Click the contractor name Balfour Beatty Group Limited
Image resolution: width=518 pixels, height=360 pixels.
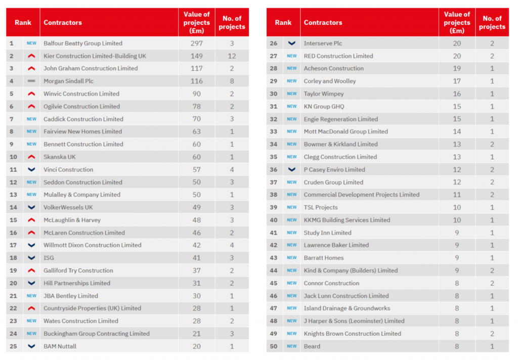pyautogui.click(x=83, y=43)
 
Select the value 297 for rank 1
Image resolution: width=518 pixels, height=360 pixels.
pyautogui.click(x=196, y=43)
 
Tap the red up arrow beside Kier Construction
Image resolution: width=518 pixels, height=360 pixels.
pyautogui.click(x=31, y=56)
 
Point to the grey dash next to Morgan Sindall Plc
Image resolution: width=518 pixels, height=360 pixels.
pyautogui.click(x=31, y=81)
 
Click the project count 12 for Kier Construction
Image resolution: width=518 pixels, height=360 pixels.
pyautogui.click(x=232, y=56)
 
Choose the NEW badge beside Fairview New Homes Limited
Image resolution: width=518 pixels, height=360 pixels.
pyautogui.click(x=31, y=131)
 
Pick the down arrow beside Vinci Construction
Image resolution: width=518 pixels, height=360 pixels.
pyautogui.click(x=31, y=169)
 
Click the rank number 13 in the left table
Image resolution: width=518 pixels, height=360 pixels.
pyautogui.click(x=14, y=195)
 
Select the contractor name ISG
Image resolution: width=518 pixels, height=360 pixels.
pyautogui.click(x=49, y=258)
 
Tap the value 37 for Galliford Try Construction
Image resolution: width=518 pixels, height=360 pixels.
pyautogui.click(x=196, y=271)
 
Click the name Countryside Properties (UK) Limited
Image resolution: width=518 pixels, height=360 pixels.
pyautogui.click(x=92, y=308)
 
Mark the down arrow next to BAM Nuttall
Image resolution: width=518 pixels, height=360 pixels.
pyautogui.click(x=31, y=346)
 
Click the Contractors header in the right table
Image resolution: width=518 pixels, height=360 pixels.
pyautogui.click(x=323, y=23)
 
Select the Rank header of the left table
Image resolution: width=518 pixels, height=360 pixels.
pyautogui.click(x=23, y=23)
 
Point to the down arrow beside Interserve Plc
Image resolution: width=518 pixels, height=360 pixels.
pyautogui.click(x=291, y=43)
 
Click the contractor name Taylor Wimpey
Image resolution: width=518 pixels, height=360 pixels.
pyautogui.click(x=323, y=94)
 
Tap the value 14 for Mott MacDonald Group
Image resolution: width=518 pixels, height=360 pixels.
pyautogui.click(x=457, y=131)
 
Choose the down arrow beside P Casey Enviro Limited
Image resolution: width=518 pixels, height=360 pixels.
pyautogui.click(x=291, y=169)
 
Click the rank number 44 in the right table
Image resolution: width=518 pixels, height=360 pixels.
pyautogui.click(x=274, y=271)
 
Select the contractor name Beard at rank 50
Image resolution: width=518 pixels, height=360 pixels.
pyautogui.click(x=312, y=346)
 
